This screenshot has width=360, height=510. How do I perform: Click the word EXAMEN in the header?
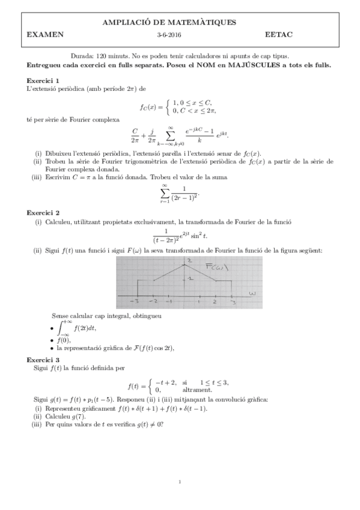[x=45, y=35]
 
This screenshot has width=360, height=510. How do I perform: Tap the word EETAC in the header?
[x=276, y=35]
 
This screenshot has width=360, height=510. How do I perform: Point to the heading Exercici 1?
[x=43, y=80]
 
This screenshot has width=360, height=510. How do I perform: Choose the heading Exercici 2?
[x=43, y=212]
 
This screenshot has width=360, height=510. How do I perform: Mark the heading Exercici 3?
[x=43, y=359]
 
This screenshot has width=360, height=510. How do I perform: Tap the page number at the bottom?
[x=180, y=482]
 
